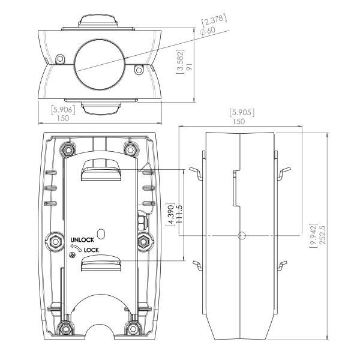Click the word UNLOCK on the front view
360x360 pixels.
click(x=82, y=240)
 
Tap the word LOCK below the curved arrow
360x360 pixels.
click(x=91, y=250)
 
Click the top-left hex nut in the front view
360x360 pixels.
click(x=67, y=148)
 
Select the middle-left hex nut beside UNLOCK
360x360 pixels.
click(x=57, y=241)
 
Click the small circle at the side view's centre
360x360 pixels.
click(x=241, y=235)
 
